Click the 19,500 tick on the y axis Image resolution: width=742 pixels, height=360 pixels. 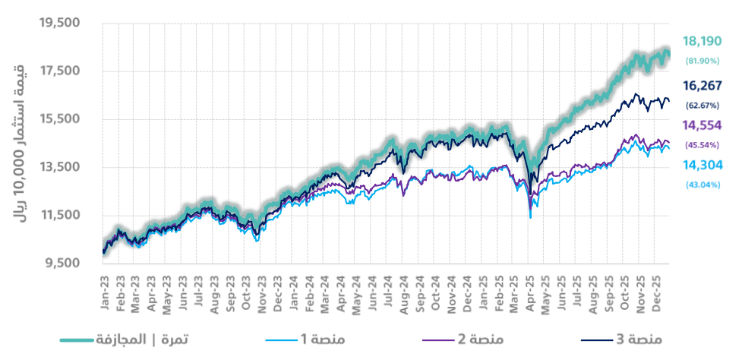pos(59,24)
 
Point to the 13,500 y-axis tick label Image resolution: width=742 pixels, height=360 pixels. pos(59,167)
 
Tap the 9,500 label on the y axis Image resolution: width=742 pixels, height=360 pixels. pos(62,264)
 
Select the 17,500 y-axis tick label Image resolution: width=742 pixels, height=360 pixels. pos(59,71)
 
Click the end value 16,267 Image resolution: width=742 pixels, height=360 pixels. pos(702,86)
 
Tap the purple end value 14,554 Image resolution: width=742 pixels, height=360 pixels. pos(702,125)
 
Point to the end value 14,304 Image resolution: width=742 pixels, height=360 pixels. pos(702,166)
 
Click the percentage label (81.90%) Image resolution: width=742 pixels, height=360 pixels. pos(702,60)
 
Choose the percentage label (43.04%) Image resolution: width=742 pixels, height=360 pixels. pos(702,184)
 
